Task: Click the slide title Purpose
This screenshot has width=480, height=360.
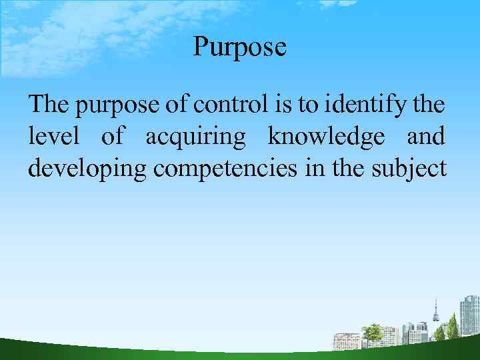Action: click(239, 47)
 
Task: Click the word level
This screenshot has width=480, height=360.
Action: click(54, 137)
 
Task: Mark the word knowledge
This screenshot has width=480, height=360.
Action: click(326, 138)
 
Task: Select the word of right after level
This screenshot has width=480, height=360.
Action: click(112, 137)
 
